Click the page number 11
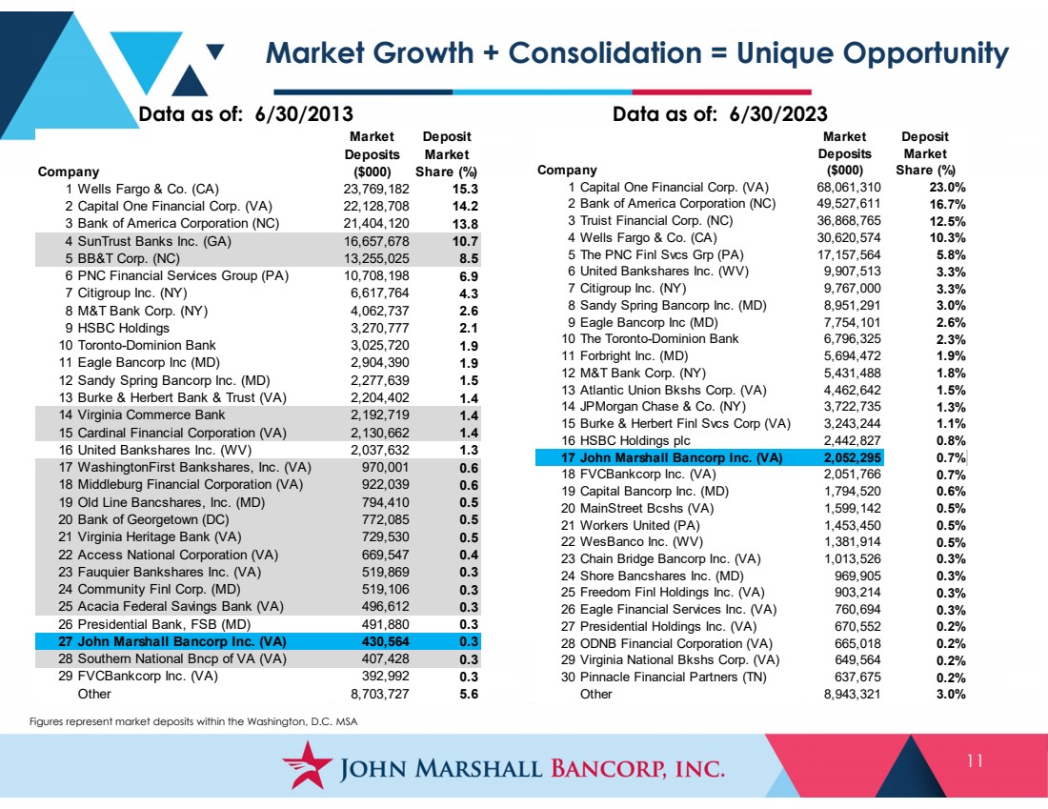click(975, 760)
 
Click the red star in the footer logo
click(307, 764)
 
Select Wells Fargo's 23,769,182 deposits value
click(376, 190)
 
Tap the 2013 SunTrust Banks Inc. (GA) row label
click(154, 241)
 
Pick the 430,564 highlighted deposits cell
click(384, 642)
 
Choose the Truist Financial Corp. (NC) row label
click(656, 221)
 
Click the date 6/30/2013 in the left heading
click(304, 113)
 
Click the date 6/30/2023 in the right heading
click(778, 113)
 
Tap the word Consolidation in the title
click(606, 52)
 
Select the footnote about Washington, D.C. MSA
click(193, 721)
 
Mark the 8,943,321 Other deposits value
click(852, 694)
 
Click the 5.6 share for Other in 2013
click(469, 694)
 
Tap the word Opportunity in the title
click(873, 54)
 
